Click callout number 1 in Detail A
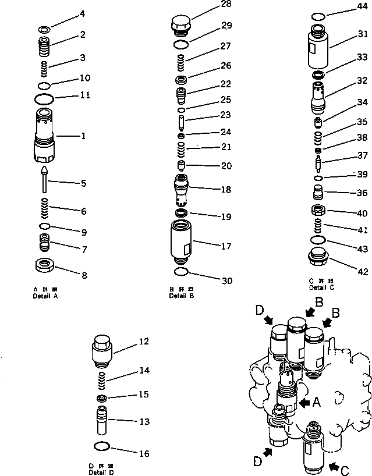[x=83, y=136]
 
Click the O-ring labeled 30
[x=181, y=272]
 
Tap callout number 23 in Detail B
[x=208, y=115]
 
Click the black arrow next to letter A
[x=304, y=402]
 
